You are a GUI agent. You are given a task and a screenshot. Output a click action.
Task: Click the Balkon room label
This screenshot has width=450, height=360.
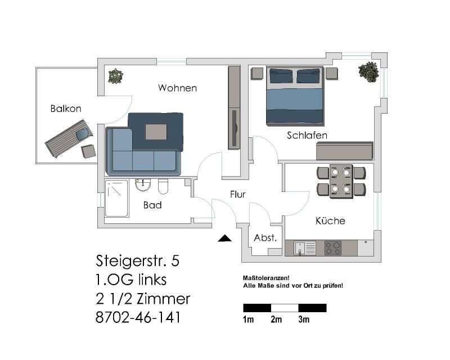[x=66, y=109]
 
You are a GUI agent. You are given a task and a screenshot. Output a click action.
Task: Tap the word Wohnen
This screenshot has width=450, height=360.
[x=177, y=88]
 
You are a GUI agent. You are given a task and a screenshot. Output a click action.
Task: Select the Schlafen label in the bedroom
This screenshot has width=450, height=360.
[x=307, y=135]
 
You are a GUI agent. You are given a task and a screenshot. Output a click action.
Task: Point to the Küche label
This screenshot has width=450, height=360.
[x=330, y=220]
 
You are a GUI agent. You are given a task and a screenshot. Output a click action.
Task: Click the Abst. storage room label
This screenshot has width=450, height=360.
[x=265, y=238]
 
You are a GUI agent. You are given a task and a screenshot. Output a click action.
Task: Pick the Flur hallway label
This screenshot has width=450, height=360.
[x=237, y=195]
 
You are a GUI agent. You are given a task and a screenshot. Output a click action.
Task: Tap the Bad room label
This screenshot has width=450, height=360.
[x=152, y=205]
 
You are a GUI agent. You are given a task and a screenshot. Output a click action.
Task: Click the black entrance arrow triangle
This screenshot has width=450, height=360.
[x=224, y=238]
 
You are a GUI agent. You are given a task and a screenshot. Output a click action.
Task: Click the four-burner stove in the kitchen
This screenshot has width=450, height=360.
[x=333, y=248]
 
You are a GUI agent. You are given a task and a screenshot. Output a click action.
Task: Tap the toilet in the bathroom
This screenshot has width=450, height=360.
[x=163, y=186]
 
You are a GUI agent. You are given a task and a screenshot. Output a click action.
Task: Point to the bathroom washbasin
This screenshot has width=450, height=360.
[x=143, y=184]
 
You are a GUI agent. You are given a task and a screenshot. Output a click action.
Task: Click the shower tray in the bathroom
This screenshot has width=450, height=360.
[x=116, y=198]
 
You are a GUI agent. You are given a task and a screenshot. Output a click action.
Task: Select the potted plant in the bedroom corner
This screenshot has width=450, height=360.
[x=368, y=72]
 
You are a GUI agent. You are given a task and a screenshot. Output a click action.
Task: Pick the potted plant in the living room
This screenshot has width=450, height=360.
[x=116, y=76]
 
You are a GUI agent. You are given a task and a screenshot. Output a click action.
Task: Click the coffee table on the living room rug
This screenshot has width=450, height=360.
[x=156, y=132]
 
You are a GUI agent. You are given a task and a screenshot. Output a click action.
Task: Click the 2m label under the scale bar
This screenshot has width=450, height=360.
[x=276, y=319]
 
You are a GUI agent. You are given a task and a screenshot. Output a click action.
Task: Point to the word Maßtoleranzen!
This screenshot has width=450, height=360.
[x=266, y=278]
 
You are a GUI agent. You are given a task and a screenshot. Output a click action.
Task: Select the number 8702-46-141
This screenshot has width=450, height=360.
[x=138, y=317]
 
